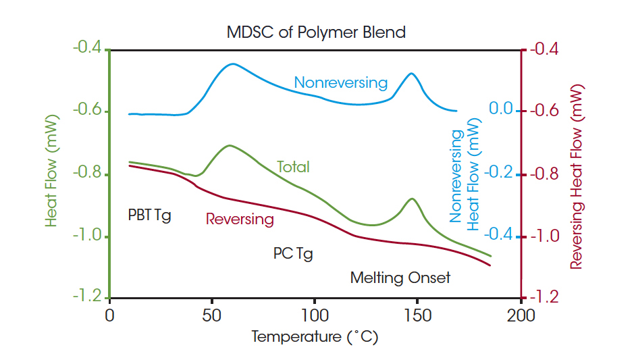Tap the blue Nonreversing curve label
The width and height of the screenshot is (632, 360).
340,83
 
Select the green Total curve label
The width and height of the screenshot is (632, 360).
293,166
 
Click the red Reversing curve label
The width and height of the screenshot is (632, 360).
240,219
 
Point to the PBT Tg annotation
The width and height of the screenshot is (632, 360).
149,215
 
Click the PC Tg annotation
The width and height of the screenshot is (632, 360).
293,254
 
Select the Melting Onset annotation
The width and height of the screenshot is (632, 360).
400,278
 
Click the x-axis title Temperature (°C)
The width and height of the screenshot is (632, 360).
315,336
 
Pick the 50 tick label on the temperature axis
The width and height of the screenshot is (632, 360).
212,316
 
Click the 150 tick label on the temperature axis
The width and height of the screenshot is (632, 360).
417,316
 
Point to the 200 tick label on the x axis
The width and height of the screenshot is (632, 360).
521,316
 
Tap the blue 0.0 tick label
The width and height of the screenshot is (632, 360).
502,110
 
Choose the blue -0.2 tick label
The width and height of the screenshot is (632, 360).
499,172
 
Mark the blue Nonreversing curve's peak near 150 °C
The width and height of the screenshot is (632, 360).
411,73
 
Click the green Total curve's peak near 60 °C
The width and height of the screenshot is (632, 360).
230,145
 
